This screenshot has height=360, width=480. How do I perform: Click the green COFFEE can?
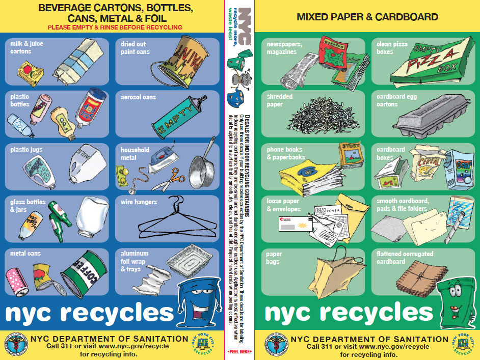coord(84,274)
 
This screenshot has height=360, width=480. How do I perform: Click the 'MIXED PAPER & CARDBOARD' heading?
coord(367,17)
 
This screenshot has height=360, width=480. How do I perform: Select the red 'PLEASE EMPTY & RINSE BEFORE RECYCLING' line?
coord(115,27)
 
